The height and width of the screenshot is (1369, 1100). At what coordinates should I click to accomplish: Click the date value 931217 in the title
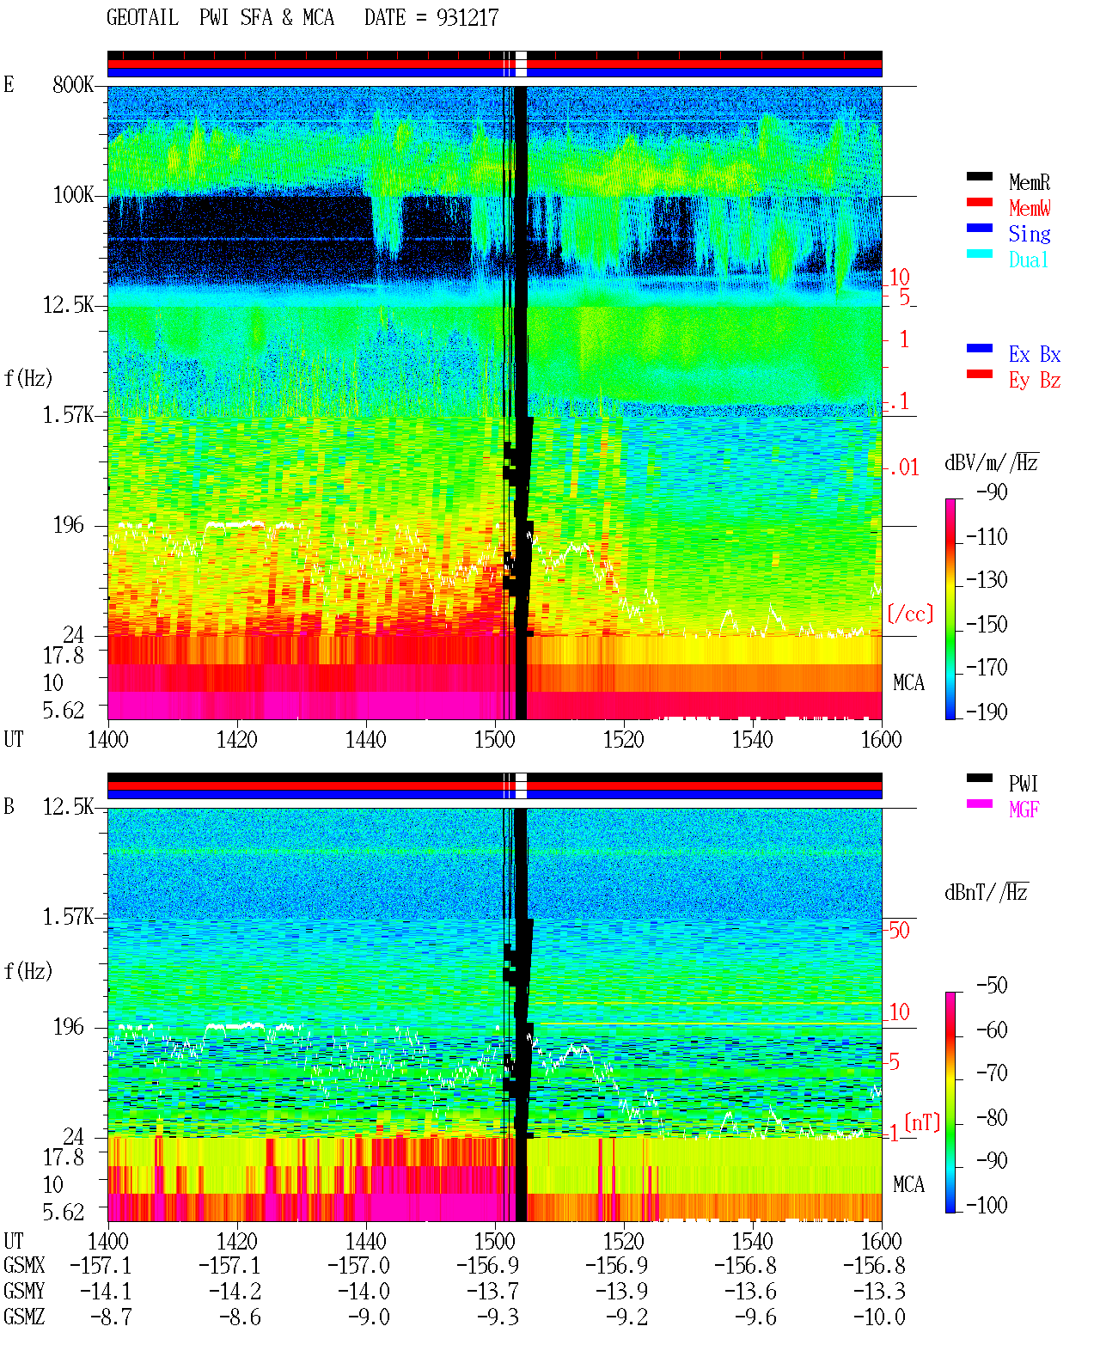click(467, 18)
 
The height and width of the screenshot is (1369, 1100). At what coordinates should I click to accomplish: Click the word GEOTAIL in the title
click(143, 18)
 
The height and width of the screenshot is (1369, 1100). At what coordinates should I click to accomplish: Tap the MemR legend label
click(1030, 182)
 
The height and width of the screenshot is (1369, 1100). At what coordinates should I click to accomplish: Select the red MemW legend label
click(1030, 208)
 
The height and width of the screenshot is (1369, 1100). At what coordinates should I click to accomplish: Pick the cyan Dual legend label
click(1028, 260)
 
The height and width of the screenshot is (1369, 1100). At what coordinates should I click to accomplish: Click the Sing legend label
click(1030, 234)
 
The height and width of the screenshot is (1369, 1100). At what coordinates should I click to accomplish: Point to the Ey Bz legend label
click(1035, 381)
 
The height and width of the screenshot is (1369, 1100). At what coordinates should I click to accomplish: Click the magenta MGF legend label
click(1024, 810)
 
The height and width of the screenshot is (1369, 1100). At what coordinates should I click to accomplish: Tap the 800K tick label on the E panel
click(73, 84)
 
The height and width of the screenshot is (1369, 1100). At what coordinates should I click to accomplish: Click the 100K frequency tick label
click(73, 195)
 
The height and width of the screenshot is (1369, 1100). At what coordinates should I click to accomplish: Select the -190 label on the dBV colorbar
click(987, 712)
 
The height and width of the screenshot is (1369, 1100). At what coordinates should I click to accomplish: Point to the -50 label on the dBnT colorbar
click(992, 986)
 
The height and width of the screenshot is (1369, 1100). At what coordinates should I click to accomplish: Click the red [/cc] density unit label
click(910, 614)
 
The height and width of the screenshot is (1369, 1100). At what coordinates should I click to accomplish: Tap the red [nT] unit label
click(922, 1122)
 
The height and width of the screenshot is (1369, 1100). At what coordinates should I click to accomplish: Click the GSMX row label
click(24, 1265)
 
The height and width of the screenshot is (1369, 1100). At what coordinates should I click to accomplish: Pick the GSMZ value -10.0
click(879, 1317)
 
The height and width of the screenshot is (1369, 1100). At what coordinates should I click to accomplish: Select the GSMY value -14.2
click(235, 1292)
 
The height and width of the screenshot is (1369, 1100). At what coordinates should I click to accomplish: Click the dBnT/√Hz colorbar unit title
click(987, 892)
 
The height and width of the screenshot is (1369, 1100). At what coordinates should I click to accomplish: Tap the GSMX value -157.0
click(359, 1265)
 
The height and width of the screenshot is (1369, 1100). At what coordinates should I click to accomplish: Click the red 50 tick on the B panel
click(899, 930)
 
